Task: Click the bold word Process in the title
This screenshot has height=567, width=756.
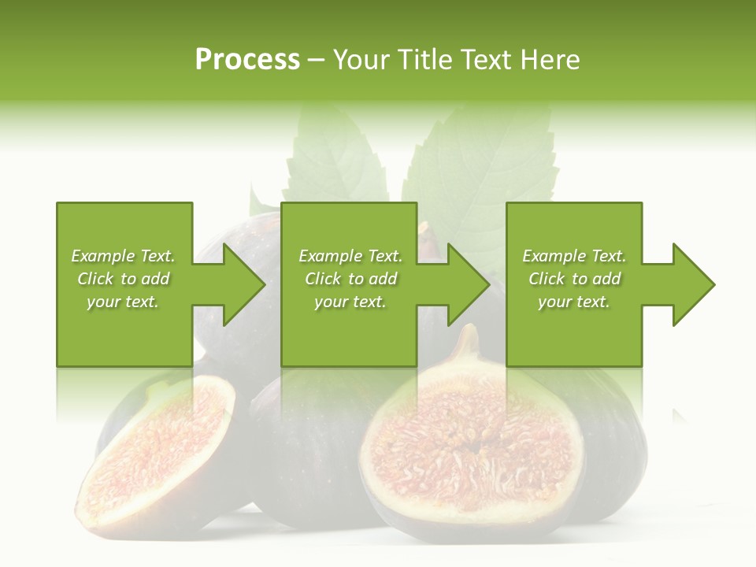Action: [x=247, y=60]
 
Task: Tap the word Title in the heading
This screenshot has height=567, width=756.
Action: [x=425, y=60]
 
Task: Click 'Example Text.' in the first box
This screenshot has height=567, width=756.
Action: [x=123, y=256]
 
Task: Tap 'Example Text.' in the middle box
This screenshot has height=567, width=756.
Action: [x=350, y=256]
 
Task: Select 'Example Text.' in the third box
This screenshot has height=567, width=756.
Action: [x=574, y=256]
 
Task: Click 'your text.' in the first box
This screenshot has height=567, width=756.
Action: [x=123, y=302]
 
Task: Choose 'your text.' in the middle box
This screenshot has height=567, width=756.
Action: [x=350, y=302]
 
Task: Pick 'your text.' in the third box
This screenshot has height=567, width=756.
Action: [x=574, y=302]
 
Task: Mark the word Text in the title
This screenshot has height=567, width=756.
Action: [x=487, y=60]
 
